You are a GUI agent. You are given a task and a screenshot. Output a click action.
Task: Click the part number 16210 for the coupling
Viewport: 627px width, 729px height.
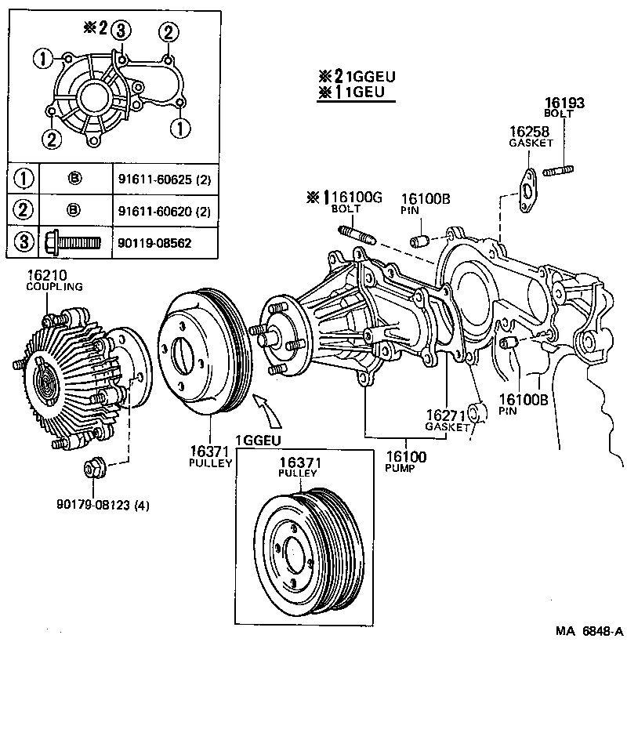[47, 275]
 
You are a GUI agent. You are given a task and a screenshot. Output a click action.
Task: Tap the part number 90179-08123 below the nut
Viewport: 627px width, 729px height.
[102, 504]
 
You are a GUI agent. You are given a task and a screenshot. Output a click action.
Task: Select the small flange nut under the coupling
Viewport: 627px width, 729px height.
[92, 469]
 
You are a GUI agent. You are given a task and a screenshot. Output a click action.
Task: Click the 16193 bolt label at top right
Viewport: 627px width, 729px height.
[565, 103]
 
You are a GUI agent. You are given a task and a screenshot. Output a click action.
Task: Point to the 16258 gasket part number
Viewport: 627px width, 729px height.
[530, 132]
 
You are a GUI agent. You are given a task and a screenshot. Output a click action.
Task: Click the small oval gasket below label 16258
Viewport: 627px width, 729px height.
[528, 188]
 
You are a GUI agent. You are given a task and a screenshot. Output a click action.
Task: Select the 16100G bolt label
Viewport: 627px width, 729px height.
[353, 198]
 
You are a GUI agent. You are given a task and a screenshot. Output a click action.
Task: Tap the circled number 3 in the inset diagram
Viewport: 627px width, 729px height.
[119, 31]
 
